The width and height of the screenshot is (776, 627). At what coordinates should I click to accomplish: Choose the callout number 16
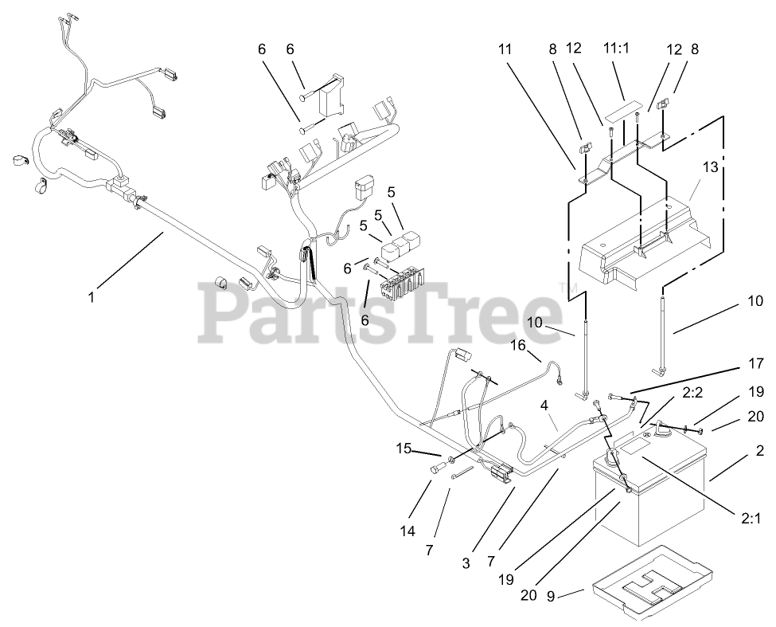(x=518, y=345)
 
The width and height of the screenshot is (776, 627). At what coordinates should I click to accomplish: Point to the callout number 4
(x=544, y=406)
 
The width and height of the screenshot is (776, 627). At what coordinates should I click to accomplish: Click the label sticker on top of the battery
(x=636, y=449)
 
